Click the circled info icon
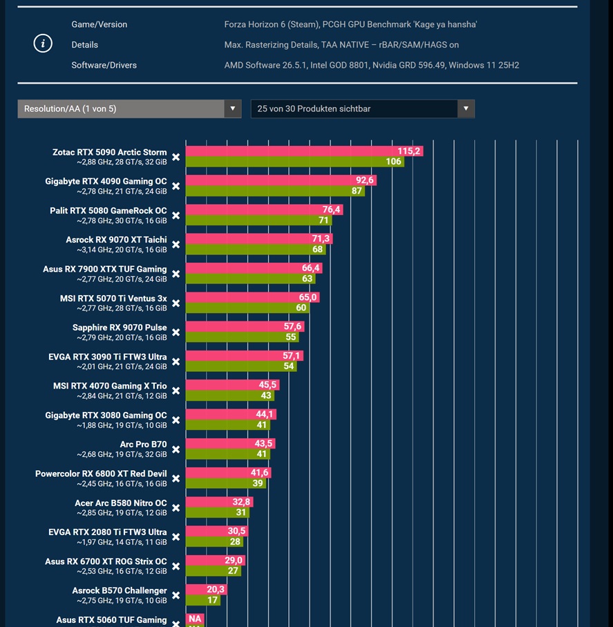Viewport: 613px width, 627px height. [43, 43]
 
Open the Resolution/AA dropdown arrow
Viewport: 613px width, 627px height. [232, 109]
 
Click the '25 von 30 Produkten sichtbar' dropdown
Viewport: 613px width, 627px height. [362, 109]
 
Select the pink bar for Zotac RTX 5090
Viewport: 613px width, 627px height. [304, 151]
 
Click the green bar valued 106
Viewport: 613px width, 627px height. [295, 162]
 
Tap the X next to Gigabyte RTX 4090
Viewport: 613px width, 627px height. [176, 187]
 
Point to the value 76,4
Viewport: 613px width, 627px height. [332, 209]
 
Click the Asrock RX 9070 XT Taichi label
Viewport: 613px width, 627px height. [116, 240]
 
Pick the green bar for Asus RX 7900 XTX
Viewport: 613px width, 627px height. [251, 279]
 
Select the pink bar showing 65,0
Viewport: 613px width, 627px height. [253, 297]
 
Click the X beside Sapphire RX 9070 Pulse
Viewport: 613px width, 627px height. [176, 333]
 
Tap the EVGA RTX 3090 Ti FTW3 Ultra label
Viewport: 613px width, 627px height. [108, 357]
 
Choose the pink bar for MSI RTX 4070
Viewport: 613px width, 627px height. [233, 385]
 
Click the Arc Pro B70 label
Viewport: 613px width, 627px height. [143, 444]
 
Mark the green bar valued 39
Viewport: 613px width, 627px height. [226, 483]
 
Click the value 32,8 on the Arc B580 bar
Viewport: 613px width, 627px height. [241, 502]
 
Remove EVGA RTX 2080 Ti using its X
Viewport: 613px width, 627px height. [176, 537]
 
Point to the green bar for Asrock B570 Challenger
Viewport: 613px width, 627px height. [203, 600]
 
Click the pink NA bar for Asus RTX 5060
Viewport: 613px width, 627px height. [195, 619]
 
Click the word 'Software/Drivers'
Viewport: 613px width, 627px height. [104, 65]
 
